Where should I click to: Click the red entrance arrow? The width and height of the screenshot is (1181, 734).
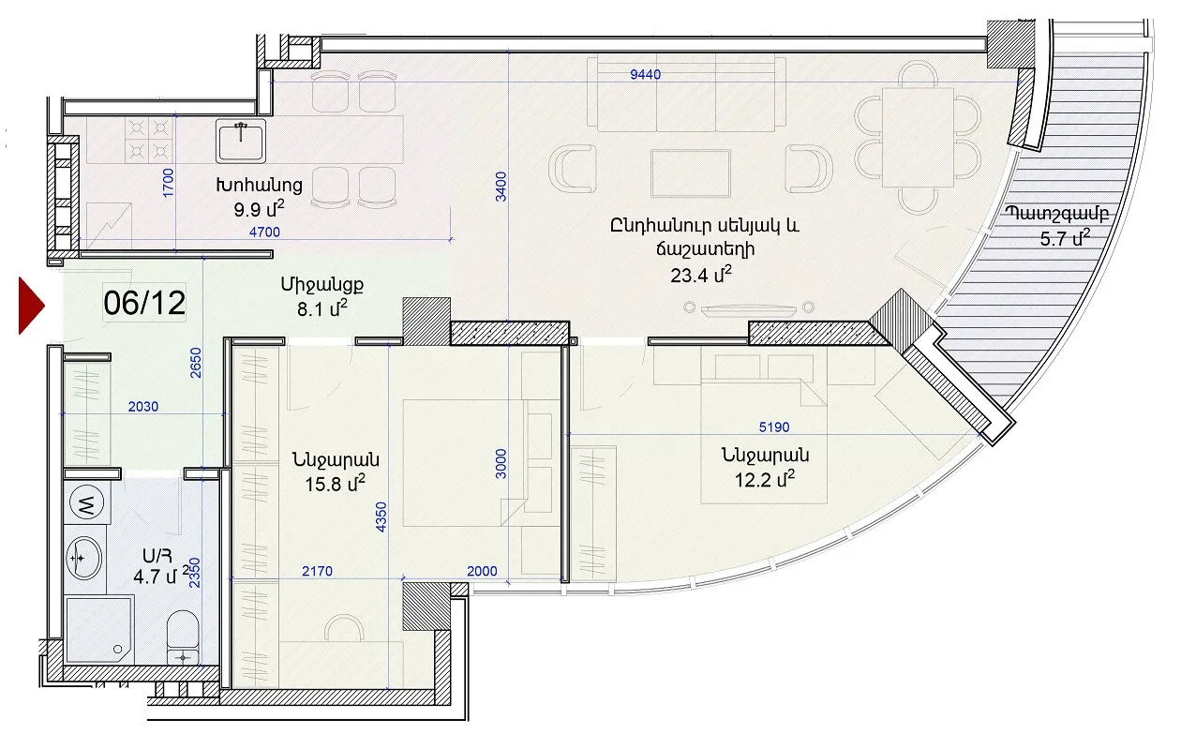point(31,306)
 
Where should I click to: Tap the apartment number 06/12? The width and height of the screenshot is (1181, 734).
point(144,303)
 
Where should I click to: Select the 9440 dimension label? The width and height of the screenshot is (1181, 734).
point(645,74)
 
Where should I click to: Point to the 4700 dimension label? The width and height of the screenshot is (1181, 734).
point(264,232)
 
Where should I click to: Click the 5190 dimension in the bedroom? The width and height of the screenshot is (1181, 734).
point(774,427)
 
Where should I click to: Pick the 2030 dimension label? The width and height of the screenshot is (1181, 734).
point(143,407)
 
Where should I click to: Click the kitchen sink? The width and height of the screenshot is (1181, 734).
point(240,141)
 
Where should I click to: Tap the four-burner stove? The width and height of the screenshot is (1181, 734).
point(149,140)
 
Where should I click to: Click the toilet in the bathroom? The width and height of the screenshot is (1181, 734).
point(183,637)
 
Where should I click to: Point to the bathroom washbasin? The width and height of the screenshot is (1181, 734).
point(84,558)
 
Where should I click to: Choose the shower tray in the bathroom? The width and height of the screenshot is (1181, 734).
point(98,631)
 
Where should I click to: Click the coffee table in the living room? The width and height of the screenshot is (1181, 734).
point(691,173)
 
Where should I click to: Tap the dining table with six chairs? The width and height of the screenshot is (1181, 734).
point(918,137)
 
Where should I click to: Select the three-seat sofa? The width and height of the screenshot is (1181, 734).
point(686,93)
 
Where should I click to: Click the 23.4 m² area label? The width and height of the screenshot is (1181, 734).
point(701,275)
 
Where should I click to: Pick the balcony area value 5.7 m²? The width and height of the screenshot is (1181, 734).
point(1065,238)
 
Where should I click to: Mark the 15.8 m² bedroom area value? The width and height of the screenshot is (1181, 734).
point(336,484)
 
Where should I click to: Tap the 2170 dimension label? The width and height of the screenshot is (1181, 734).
point(317,571)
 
